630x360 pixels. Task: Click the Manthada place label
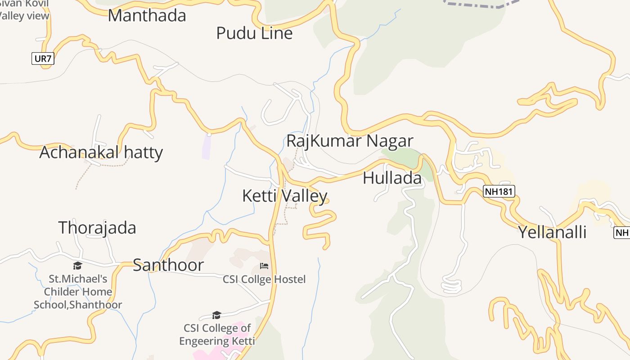[x=147, y=15]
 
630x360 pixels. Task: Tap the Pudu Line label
[x=254, y=33]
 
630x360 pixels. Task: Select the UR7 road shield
[x=43, y=58]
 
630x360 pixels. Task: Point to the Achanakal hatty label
[x=101, y=153]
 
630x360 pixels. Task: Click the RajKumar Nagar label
[x=350, y=141]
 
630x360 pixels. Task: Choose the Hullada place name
[x=392, y=178]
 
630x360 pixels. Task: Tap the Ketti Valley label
[x=284, y=196]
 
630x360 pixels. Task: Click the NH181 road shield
[x=499, y=191]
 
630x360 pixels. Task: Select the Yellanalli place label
[x=552, y=232]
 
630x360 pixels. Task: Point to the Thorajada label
[x=97, y=228]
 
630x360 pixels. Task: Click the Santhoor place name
[x=168, y=265]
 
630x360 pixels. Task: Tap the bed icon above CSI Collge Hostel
[x=264, y=266]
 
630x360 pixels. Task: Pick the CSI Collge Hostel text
[x=264, y=279]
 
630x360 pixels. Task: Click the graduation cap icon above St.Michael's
[x=78, y=265]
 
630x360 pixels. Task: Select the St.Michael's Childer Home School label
[x=78, y=292]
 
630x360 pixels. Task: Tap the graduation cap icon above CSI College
[x=216, y=315]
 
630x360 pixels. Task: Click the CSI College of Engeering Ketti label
[x=217, y=334]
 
